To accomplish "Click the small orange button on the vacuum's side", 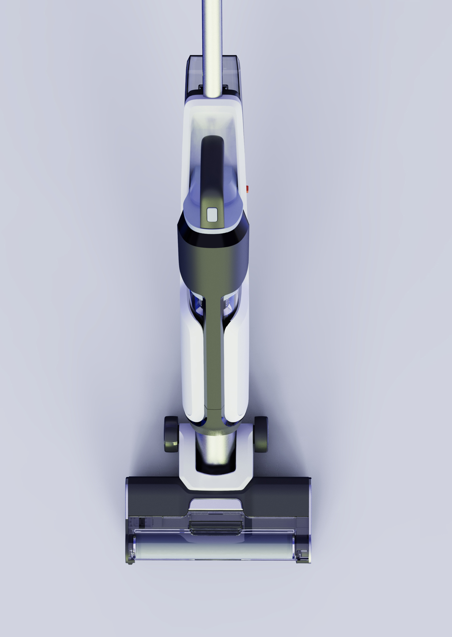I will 247,189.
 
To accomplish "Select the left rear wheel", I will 171,434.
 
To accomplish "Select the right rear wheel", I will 260,434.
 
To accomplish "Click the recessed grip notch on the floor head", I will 215,505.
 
